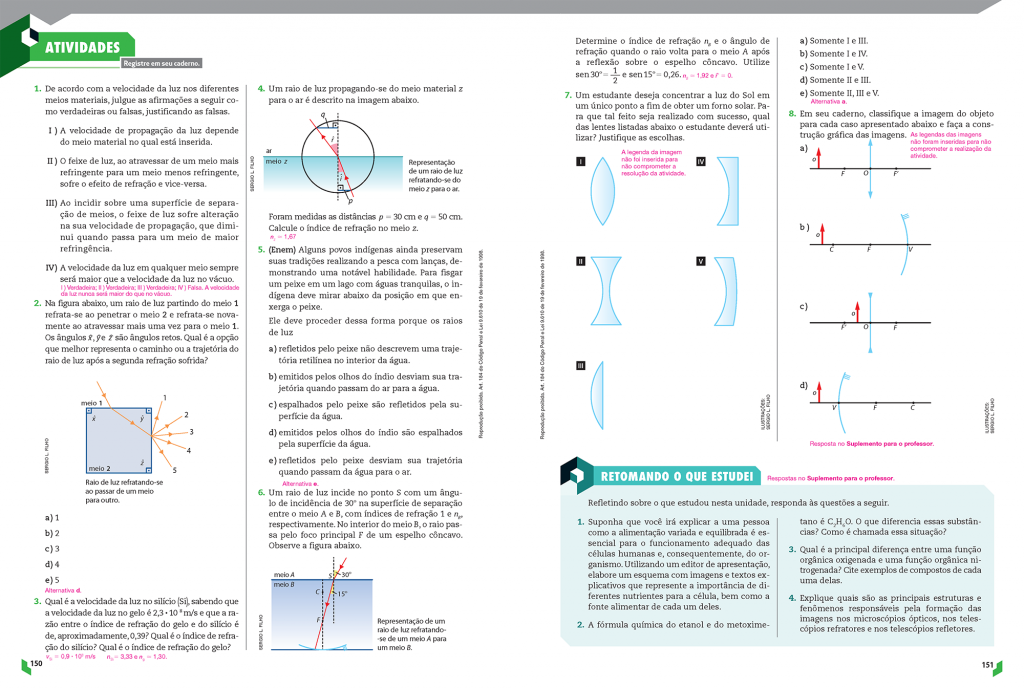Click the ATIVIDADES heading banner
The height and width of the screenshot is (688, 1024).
point(82,47)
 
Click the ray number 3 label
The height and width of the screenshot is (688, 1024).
point(190,432)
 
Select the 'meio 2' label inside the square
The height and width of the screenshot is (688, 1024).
point(100,468)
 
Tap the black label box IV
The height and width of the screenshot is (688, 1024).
point(701,161)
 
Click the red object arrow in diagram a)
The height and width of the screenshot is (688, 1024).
point(817,158)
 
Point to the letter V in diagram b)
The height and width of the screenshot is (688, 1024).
point(909,249)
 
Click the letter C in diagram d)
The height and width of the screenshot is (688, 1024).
point(912,408)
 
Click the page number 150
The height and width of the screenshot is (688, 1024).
point(35,663)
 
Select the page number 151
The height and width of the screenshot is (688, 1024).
point(988,663)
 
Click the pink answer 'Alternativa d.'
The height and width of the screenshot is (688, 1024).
point(63,590)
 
